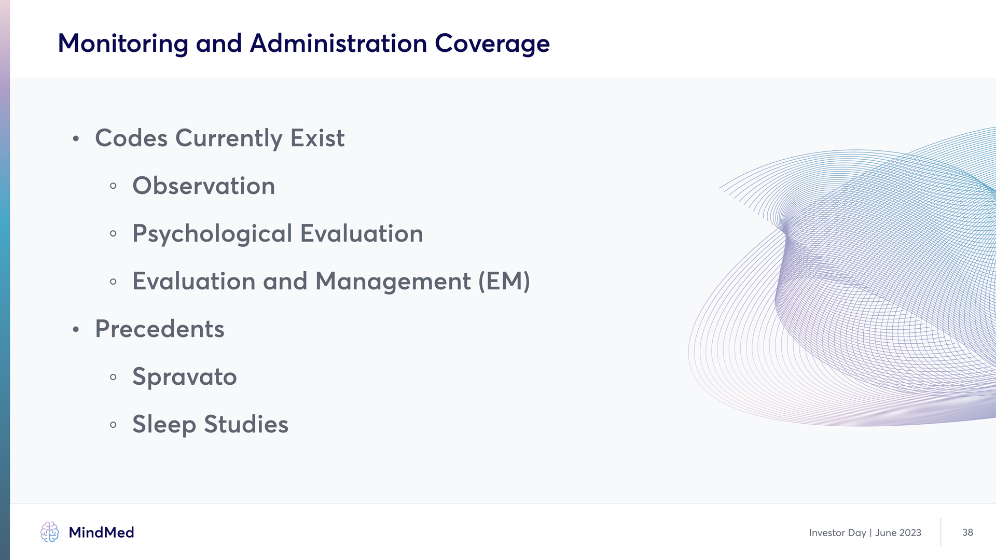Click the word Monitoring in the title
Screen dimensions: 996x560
click(x=123, y=44)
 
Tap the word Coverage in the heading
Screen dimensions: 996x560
click(x=492, y=44)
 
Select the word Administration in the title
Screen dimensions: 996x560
click(x=338, y=43)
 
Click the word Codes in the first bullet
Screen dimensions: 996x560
click(x=131, y=138)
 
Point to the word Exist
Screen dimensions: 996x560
click(x=317, y=138)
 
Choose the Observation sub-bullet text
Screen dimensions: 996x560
click(x=204, y=186)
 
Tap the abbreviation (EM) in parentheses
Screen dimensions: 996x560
click(x=504, y=282)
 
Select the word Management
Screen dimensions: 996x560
click(x=393, y=282)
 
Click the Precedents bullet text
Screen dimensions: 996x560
click(x=160, y=329)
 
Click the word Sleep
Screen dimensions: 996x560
click(x=164, y=425)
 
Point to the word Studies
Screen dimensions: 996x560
click(x=246, y=424)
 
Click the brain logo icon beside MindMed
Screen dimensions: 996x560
click(x=50, y=532)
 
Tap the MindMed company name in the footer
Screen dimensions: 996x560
click(x=102, y=533)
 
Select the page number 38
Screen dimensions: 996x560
click(x=967, y=533)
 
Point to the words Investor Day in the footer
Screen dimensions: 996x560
click(x=838, y=533)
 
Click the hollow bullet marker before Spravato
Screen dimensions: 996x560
click(x=113, y=377)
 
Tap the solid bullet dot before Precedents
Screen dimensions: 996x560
click(x=76, y=329)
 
